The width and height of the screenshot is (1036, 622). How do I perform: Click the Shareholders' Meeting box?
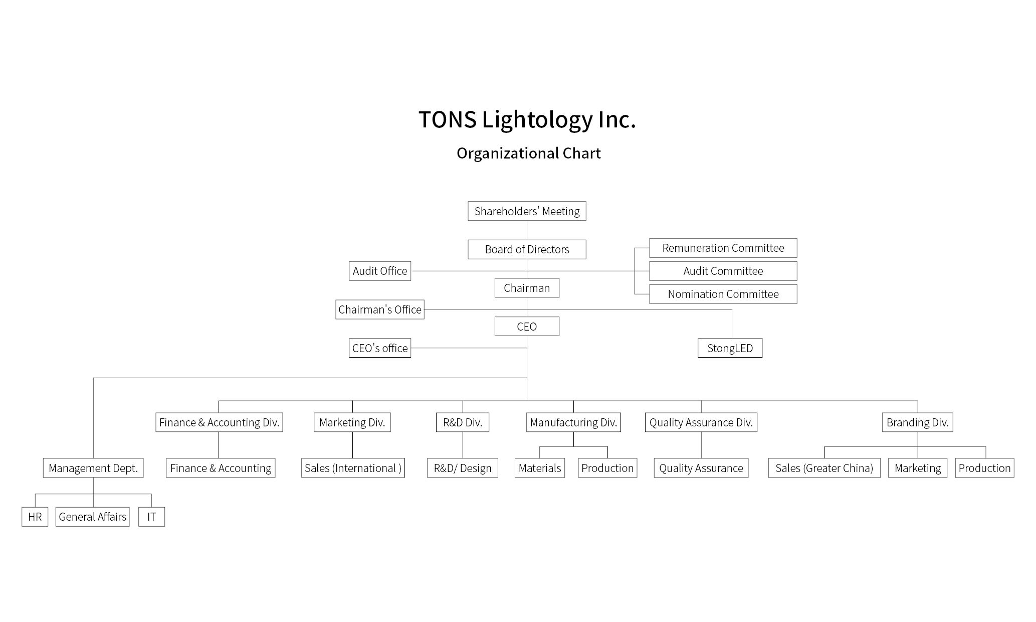(527, 211)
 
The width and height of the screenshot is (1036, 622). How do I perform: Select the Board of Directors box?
(527, 249)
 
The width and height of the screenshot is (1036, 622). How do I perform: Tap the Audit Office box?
(380, 271)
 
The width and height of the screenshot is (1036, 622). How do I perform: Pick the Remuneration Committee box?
(723, 248)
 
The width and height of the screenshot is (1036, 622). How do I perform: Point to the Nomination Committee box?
(723, 294)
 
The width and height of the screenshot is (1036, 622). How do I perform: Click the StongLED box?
(730, 348)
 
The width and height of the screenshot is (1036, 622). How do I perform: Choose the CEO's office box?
(380, 348)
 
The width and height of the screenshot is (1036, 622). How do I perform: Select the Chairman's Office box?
(380, 309)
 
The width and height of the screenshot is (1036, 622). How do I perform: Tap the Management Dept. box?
(93, 468)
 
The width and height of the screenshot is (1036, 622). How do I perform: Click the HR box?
(35, 517)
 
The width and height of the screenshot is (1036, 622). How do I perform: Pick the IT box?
(151, 517)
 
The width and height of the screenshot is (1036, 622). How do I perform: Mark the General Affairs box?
(92, 517)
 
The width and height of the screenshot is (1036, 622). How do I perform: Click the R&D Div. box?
(463, 422)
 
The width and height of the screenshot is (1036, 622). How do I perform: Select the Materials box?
(540, 468)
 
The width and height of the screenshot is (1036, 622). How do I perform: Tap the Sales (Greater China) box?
(824, 468)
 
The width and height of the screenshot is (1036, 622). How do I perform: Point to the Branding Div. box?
(917, 422)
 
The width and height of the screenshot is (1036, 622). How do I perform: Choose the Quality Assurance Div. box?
(701, 422)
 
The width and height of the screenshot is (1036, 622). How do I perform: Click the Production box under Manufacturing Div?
(607, 468)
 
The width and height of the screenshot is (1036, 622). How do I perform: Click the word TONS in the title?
(447, 120)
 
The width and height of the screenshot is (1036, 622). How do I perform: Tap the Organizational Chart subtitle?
(528, 153)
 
